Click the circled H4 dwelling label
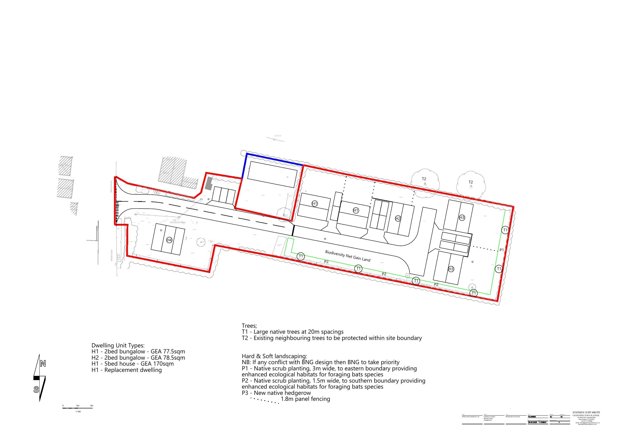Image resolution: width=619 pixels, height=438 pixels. click(x=169, y=240)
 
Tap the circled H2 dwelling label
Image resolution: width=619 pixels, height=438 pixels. click(x=398, y=219)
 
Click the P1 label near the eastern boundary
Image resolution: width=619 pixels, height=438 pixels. click(x=502, y=250)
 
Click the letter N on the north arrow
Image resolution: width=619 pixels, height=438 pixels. click(x=43, y=364)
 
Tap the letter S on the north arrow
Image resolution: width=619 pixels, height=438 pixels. click(x=36, y=390)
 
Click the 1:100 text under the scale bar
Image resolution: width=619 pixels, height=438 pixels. click(x=78, y=412)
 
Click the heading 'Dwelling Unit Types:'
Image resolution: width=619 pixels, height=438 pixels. click(x=118, y=345)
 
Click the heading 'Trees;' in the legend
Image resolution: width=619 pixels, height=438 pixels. click(x=249, y=326)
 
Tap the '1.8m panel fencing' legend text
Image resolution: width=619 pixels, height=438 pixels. click(x=305, y=399)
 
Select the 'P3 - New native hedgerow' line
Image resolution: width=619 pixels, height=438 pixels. click(x=276, y=393)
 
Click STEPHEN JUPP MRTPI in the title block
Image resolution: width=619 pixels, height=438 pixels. click(x=586, y=412)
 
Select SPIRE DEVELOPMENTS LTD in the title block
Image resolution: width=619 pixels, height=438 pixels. click(x=471, y=417)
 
